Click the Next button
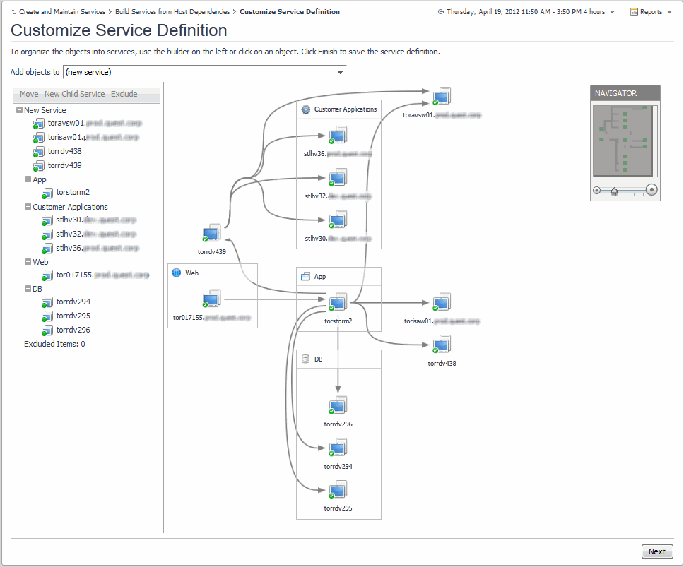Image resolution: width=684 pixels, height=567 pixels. pos(656,551)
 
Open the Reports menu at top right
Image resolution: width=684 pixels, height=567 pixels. pos(650,12)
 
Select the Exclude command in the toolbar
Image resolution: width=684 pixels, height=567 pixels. pos(124,94)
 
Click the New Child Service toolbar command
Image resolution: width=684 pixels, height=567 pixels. pos(74,94)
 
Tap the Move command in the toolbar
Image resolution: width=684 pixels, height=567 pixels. pos(29,94)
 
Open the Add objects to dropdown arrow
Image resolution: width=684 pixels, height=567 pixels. pos(340,72)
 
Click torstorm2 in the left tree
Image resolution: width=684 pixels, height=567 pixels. pos(73,192)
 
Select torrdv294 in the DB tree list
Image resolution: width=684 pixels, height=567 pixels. pos(73,302)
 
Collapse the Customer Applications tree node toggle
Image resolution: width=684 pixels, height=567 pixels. pos(28,207)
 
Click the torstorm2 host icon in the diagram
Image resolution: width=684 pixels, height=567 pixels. pos(338,302)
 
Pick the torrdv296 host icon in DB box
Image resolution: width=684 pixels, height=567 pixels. pos(338,406)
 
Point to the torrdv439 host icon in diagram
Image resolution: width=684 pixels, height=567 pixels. pos(211,233)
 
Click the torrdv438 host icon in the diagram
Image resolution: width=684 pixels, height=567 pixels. pos(442,345)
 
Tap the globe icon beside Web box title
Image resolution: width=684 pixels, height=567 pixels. pos(177,273)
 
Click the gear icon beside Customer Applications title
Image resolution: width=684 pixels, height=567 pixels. pos(306,109)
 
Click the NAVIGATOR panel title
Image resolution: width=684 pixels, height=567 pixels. pos(615,93)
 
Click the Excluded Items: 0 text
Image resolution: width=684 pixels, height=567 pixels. pos(54,344)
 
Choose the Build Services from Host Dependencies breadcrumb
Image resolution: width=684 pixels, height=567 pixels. pos(172,12)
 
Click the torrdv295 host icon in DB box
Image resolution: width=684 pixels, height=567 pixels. pos(338,489)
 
